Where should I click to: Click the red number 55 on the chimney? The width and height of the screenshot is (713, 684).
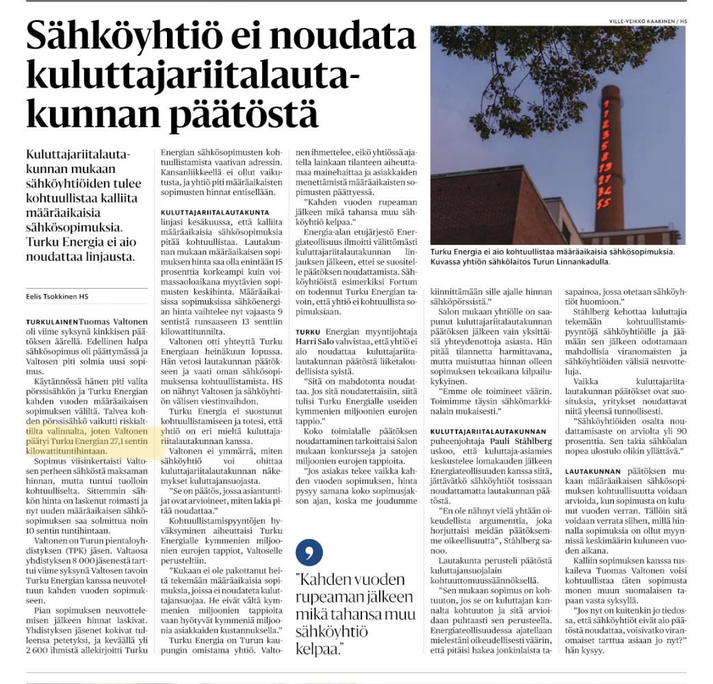click(604, 203)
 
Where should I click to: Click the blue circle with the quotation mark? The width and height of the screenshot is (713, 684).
click(310, 552)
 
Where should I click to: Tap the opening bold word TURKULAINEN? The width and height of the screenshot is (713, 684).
click(51, 321)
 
